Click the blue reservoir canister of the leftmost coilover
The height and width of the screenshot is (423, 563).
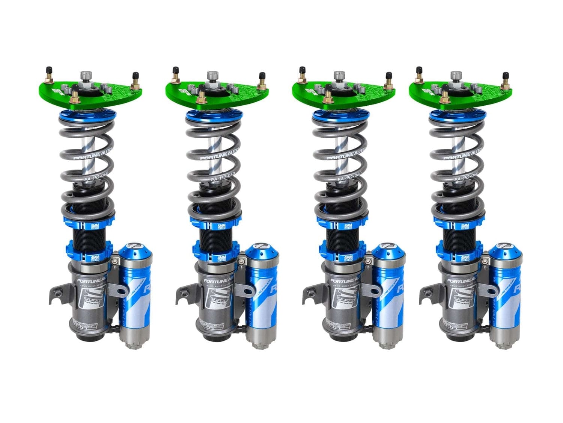(135, 293)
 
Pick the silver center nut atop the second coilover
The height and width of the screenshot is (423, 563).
(212, 75)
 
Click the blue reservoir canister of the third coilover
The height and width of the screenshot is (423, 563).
(388, 293)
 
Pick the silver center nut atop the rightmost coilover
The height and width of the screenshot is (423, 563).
(456, 75)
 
